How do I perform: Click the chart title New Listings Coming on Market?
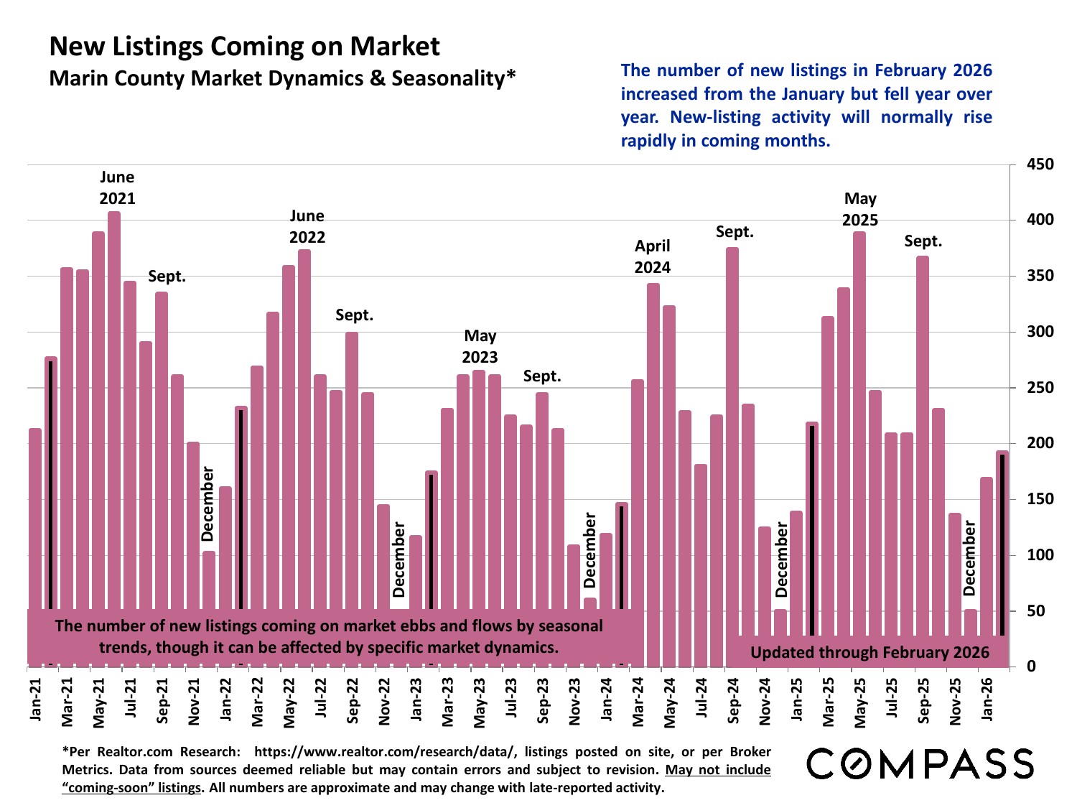(x=244, y=47)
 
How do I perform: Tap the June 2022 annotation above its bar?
(x=307, y=226)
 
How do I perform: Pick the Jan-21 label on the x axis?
(x=36, y=701)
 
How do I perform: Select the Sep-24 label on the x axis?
(x=734, y=701)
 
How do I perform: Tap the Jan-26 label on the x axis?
(x=987, y=700)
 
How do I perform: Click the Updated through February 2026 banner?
(x=869, y=652)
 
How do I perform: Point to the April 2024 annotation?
(x=652, y=256)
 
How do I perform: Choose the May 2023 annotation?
(x=480, y=346)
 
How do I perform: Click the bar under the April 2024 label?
(x=653, y=474)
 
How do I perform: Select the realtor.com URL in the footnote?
(x=385, y=752)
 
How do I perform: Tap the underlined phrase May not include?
(x=718, y=770)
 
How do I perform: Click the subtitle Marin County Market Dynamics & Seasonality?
(x=282, y=78)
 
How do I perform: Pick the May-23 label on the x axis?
(x=480, y=701)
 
